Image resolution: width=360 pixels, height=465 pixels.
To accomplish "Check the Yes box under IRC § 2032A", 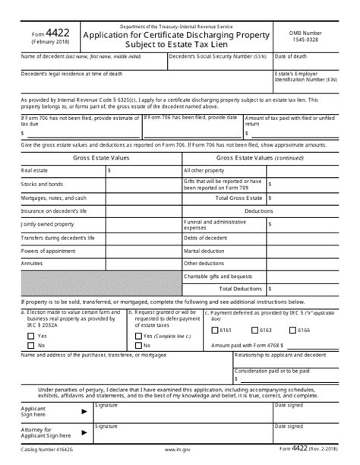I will [x=31, y=335].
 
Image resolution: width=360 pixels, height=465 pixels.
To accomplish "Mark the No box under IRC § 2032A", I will [x=31, y=345].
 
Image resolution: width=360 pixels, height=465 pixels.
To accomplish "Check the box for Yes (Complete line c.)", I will [x=137, y=335].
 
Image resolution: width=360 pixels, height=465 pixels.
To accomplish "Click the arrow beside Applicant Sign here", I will [x=83, y=411].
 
